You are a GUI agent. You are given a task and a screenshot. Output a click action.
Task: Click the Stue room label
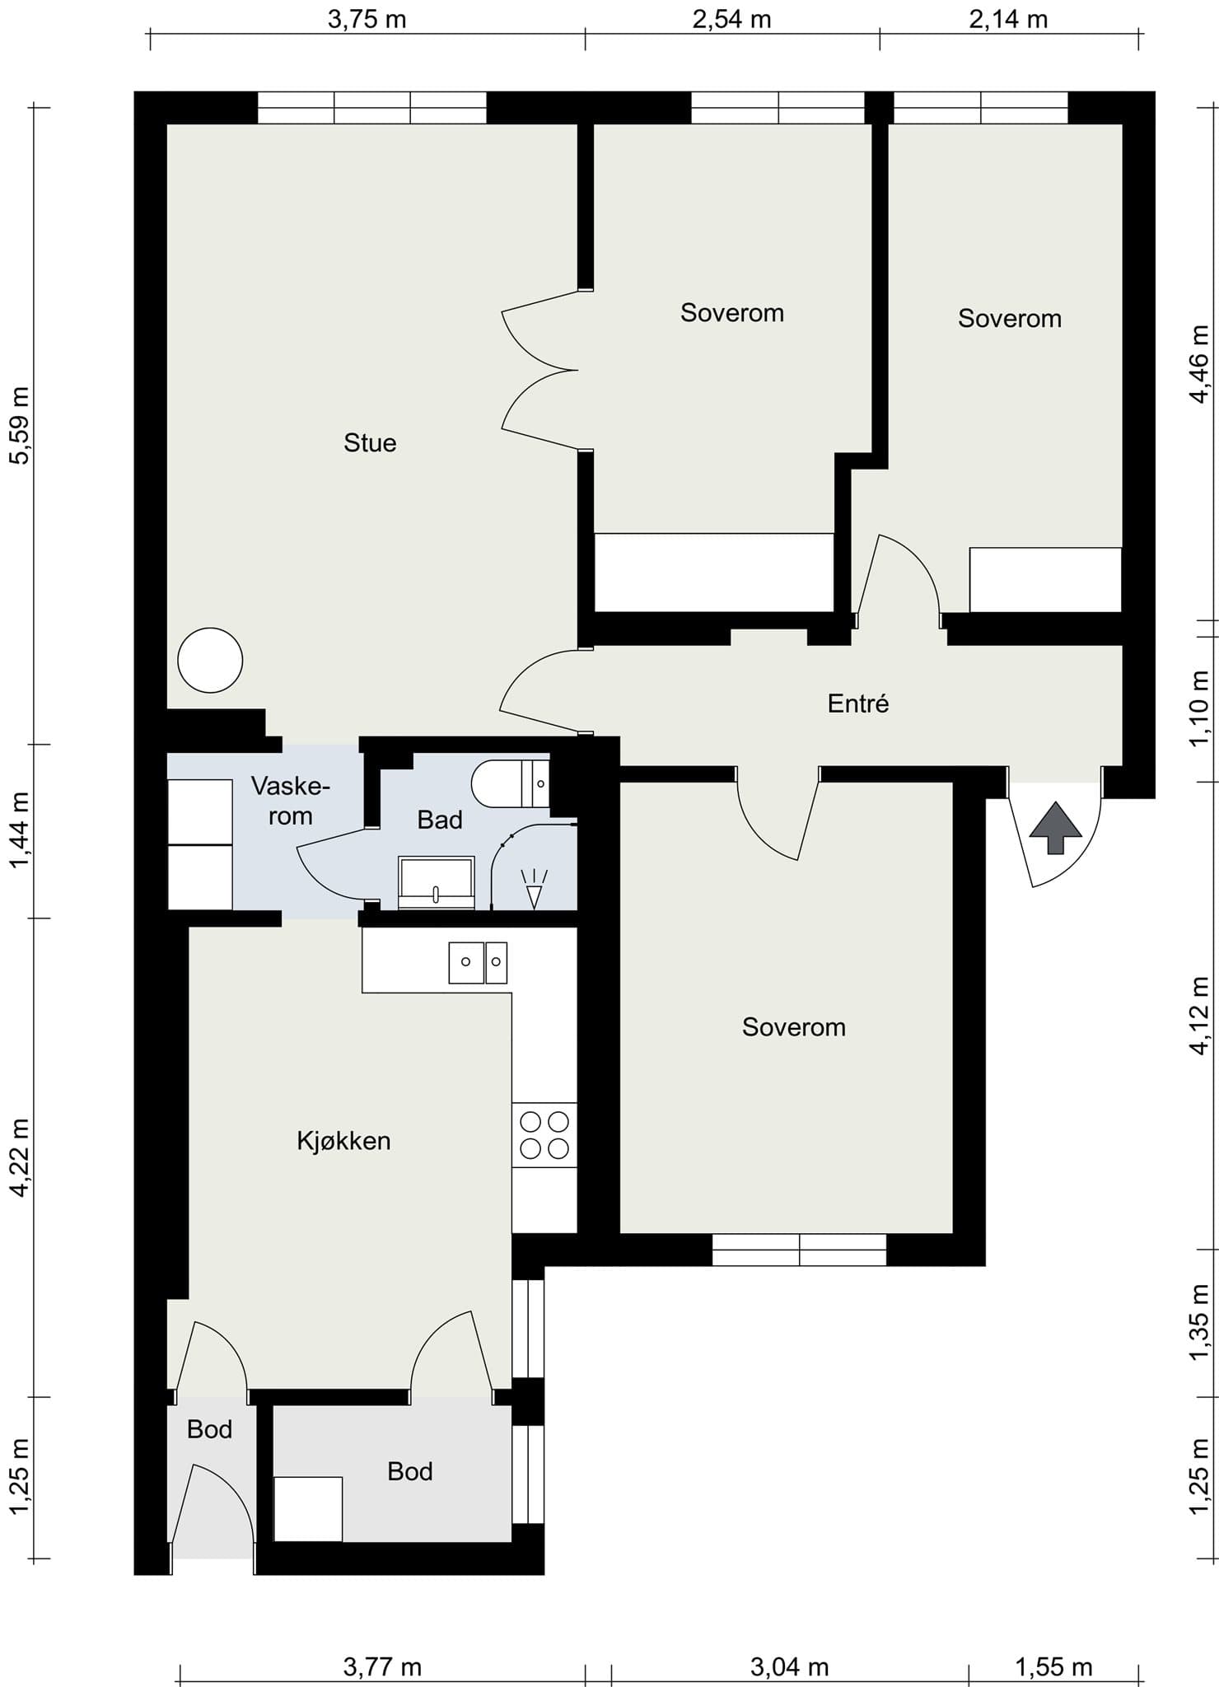[x=370, y=443]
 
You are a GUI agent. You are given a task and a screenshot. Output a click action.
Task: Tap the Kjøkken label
[x=343, y=1141]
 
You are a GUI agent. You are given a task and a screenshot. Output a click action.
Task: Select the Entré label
[x=858, y=703]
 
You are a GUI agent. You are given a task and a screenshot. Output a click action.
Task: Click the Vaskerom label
[x=290, y=801]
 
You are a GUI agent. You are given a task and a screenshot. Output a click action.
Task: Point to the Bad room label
[x=440, y=820]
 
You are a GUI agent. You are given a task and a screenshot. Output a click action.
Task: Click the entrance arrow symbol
[x=1056, y=829]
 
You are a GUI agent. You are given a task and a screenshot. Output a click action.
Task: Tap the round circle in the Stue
[x=210, y=660]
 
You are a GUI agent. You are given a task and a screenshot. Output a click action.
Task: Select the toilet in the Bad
[x=510, y=783]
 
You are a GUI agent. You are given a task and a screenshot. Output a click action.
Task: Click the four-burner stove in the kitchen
[x=544, y=1134]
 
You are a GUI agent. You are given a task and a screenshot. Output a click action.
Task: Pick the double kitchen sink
[x=478, y=963]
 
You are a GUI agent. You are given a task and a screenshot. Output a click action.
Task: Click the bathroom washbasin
[x=437, y=883]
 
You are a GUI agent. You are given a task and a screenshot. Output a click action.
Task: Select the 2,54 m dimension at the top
[x=731, y=18]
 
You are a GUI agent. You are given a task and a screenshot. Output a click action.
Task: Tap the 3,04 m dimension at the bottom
[x=789, y=1667]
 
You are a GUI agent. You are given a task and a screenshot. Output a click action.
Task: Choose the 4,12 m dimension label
[x=1199, y=1015]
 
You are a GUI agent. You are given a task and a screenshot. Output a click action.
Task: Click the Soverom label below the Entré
[x=794, y=1027]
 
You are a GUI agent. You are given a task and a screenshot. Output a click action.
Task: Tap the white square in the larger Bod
[x=308, y=1509]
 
